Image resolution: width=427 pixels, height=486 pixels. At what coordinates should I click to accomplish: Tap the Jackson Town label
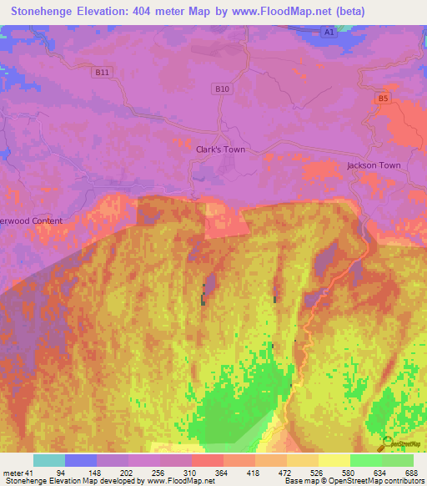click(x=374, y=165)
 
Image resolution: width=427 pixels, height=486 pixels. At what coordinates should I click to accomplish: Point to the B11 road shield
click(x=102, y=73)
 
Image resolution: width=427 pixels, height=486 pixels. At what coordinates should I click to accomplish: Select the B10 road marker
click(x=221, y=89)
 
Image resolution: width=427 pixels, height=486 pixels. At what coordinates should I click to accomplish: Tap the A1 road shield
click(x=329, y=32)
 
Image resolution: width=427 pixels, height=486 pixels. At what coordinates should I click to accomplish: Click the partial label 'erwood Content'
click(x=32, y=220)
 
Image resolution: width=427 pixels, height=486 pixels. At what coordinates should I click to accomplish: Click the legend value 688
click(x=412, y=473)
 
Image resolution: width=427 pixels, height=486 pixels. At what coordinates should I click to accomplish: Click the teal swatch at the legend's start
click(x=48, y=460)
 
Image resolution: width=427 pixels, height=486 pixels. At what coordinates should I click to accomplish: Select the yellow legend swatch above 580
click(x=334, y=460)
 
